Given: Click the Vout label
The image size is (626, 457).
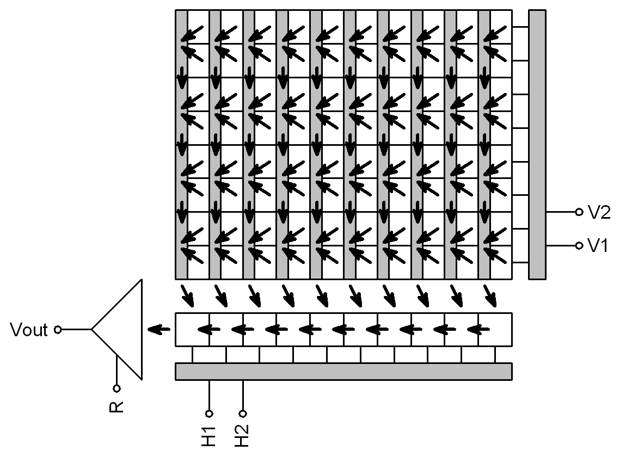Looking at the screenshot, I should [x=29, y=330].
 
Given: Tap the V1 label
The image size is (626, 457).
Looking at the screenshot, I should [x=599, y=246].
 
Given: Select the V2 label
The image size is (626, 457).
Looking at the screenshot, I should [x=599, y=212].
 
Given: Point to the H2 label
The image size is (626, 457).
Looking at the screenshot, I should [x=243, y=435].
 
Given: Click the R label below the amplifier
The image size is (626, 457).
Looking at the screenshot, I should [x=116, y=407].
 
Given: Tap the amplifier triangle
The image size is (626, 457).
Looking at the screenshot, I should [x=122, y=329].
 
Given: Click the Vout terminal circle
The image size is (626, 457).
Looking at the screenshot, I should [x=58, y=329].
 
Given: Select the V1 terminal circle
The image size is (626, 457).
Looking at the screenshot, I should [x=579, y=246].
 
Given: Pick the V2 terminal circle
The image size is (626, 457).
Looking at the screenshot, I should [x=579, y=212].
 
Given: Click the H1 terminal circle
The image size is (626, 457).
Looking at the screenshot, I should [x=210, y=413].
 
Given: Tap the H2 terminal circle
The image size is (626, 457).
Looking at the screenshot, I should [x=243, y=413].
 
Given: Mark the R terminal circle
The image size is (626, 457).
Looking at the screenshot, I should [x=116, y=388].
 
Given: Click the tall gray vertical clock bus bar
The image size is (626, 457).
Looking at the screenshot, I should [x=537, y=144].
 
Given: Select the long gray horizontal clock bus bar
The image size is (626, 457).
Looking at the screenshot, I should [x=343, y=371].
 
